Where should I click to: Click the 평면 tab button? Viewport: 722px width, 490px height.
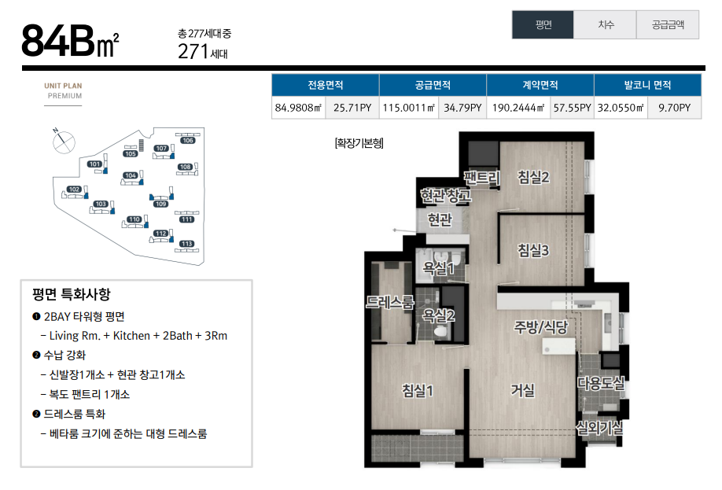[543, 25]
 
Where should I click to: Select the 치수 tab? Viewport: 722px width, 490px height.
[605, 25]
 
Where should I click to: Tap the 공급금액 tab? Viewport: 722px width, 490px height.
[668, 25]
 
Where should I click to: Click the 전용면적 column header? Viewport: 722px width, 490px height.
[325, 85]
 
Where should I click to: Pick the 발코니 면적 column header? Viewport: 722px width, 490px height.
[647, 85]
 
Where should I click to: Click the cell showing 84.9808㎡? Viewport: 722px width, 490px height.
[298, 108]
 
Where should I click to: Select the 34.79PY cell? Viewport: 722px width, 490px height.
[462, 108]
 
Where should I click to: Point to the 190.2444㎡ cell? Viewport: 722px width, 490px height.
[518, 108]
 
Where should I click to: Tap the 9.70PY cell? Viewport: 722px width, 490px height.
[674, 108]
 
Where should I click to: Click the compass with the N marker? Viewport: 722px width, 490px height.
[64, 142]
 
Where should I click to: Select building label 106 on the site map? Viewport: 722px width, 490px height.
[187, 141]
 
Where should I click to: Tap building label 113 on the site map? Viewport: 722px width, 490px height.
[186, 244]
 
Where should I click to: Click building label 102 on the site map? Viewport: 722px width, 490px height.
[74, 190]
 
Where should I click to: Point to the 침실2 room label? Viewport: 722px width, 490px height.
[533, 177]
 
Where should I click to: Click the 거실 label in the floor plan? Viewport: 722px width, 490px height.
[522, 391]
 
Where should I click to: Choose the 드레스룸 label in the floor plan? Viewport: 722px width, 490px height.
[389, 302]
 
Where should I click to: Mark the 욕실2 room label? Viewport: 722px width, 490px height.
[438, 316]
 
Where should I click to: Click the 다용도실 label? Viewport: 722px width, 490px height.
[601, 383]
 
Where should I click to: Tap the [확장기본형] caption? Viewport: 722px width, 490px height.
[359, 143]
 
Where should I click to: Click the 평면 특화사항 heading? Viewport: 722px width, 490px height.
[72, 294]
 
